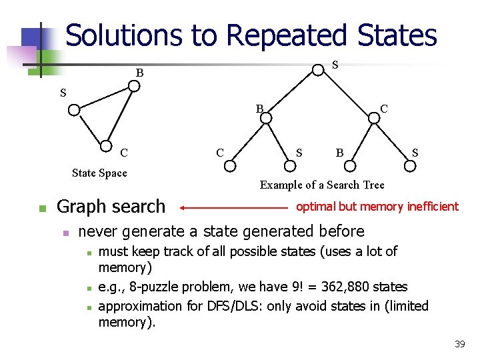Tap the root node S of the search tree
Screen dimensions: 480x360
[319, 69]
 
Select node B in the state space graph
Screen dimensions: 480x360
[134, 86]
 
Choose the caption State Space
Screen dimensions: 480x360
[99, 173]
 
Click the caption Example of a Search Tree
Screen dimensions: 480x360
[322, 185]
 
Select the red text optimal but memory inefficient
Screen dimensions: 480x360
[377, 207]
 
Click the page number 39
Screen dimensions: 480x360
[459, 344]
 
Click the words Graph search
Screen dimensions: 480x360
[111, 207]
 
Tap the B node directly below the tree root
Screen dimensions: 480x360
[265, 118]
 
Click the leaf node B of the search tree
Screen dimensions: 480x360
[351, 164]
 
